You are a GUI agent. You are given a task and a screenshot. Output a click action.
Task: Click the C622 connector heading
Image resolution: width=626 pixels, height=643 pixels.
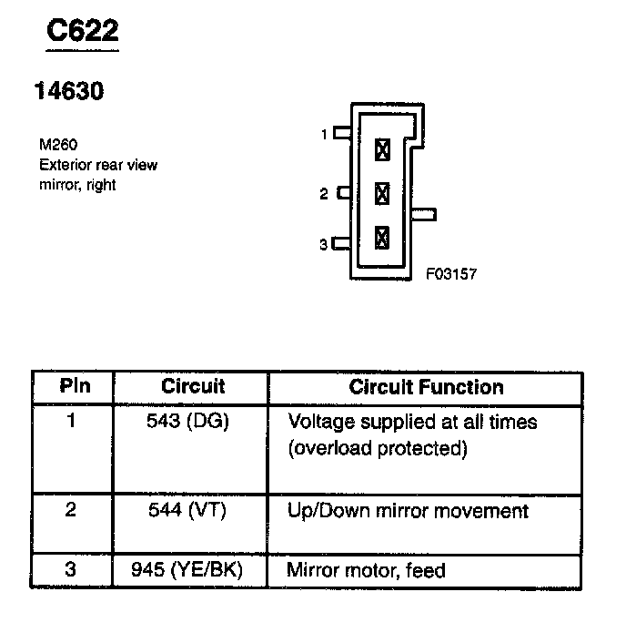coord(83,32)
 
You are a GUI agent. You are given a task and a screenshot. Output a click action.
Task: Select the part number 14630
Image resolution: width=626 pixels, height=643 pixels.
coord(68,91)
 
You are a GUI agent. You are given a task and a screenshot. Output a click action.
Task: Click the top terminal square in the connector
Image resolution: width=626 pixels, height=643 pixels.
coord(382,148)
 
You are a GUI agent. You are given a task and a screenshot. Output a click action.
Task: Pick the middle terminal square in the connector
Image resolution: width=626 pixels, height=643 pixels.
coord(382,193)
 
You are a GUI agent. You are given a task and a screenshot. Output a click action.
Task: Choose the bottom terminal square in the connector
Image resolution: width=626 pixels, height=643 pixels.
coord(382,238)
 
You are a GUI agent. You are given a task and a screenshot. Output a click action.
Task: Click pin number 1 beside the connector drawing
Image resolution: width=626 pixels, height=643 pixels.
coord(323,135)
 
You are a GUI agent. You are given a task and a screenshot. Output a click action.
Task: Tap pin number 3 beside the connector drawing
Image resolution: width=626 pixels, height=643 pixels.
coord(323,244)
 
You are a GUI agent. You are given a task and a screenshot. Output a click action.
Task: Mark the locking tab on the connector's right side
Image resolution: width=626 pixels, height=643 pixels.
coord(424,215)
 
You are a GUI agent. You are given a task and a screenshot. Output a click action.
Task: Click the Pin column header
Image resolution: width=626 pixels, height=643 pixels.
coord(75,386)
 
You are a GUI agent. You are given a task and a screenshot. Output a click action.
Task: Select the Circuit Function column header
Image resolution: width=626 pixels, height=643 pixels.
coord(426,386)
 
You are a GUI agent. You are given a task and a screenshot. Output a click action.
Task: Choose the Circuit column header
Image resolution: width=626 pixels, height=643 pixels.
coord(193,386)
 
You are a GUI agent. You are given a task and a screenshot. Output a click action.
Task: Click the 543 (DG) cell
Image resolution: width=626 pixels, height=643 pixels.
coord(188,423)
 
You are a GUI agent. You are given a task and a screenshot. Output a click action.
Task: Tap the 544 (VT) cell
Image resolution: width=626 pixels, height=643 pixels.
coord(187,510)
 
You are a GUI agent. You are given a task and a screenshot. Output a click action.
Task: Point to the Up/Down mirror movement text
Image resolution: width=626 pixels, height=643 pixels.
coord(407,510)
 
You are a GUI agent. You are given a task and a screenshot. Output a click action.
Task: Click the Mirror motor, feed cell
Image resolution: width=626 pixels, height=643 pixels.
coord(366,571)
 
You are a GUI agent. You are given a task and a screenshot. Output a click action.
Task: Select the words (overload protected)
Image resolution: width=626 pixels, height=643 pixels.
coord(378,448)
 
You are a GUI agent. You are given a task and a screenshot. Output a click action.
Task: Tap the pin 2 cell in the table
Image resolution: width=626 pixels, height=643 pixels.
coord(71,510)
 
